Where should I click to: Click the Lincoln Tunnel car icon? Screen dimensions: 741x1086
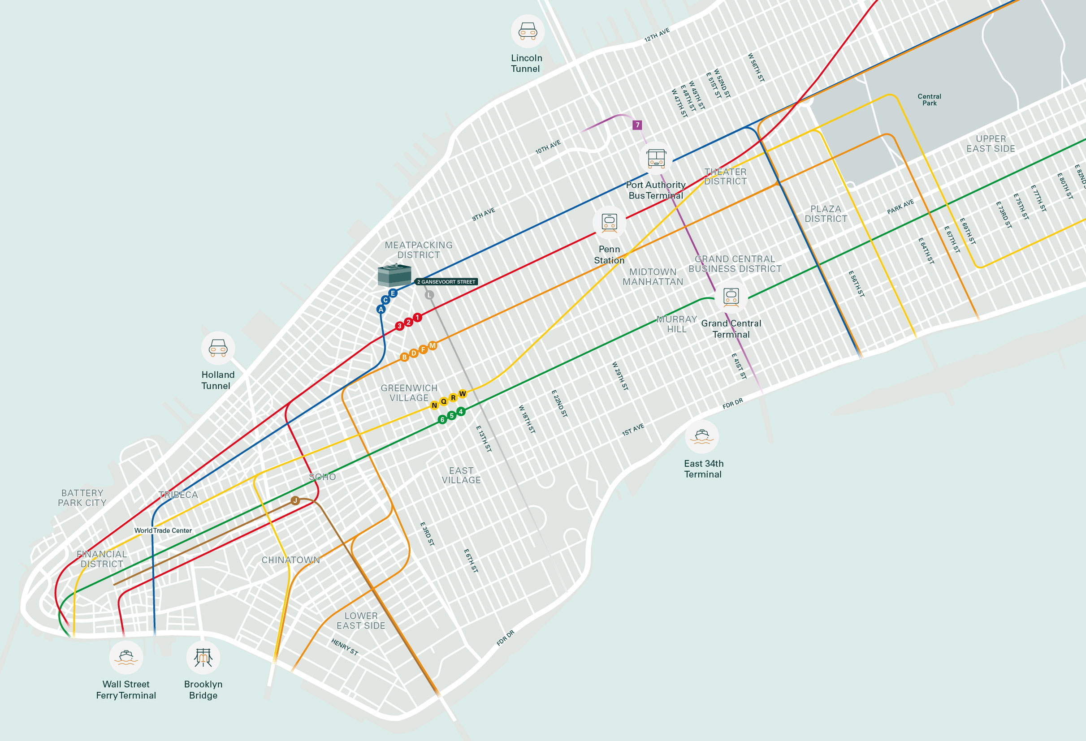tap(528, 31)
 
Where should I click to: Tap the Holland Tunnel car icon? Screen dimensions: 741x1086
tap(218, 348)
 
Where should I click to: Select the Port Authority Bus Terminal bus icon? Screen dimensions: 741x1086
tap(656, 159)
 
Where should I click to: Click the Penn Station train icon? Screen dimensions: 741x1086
tap(610, 222)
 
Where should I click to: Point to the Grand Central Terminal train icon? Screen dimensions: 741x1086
tap(731, 297)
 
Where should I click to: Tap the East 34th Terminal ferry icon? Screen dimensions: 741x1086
tap(701, 436)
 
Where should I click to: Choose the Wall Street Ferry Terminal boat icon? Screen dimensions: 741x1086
tap(125, 657)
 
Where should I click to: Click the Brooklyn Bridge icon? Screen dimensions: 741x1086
tap(203, 657)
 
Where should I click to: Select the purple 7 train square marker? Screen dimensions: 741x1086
tap(637, 125)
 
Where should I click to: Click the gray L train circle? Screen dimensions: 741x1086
tap(429, 295)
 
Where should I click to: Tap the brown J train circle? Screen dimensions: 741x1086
tap(295, 501)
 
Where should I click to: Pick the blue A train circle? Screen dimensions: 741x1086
tap(381, 309)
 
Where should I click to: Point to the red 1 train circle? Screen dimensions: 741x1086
tap(417, 318)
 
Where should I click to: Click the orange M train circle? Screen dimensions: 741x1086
tap(433, 346)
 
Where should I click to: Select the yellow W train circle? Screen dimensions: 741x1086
tap(463, 394)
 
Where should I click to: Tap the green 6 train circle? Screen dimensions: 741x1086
tap(442, 420)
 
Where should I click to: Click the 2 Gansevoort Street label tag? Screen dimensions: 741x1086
tap(446, 282)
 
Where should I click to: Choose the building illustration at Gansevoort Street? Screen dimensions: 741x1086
tap(394, 275)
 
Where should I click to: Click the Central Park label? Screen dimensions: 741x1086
tap(929, 99)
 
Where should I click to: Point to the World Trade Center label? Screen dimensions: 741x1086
tap(163, 530)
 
